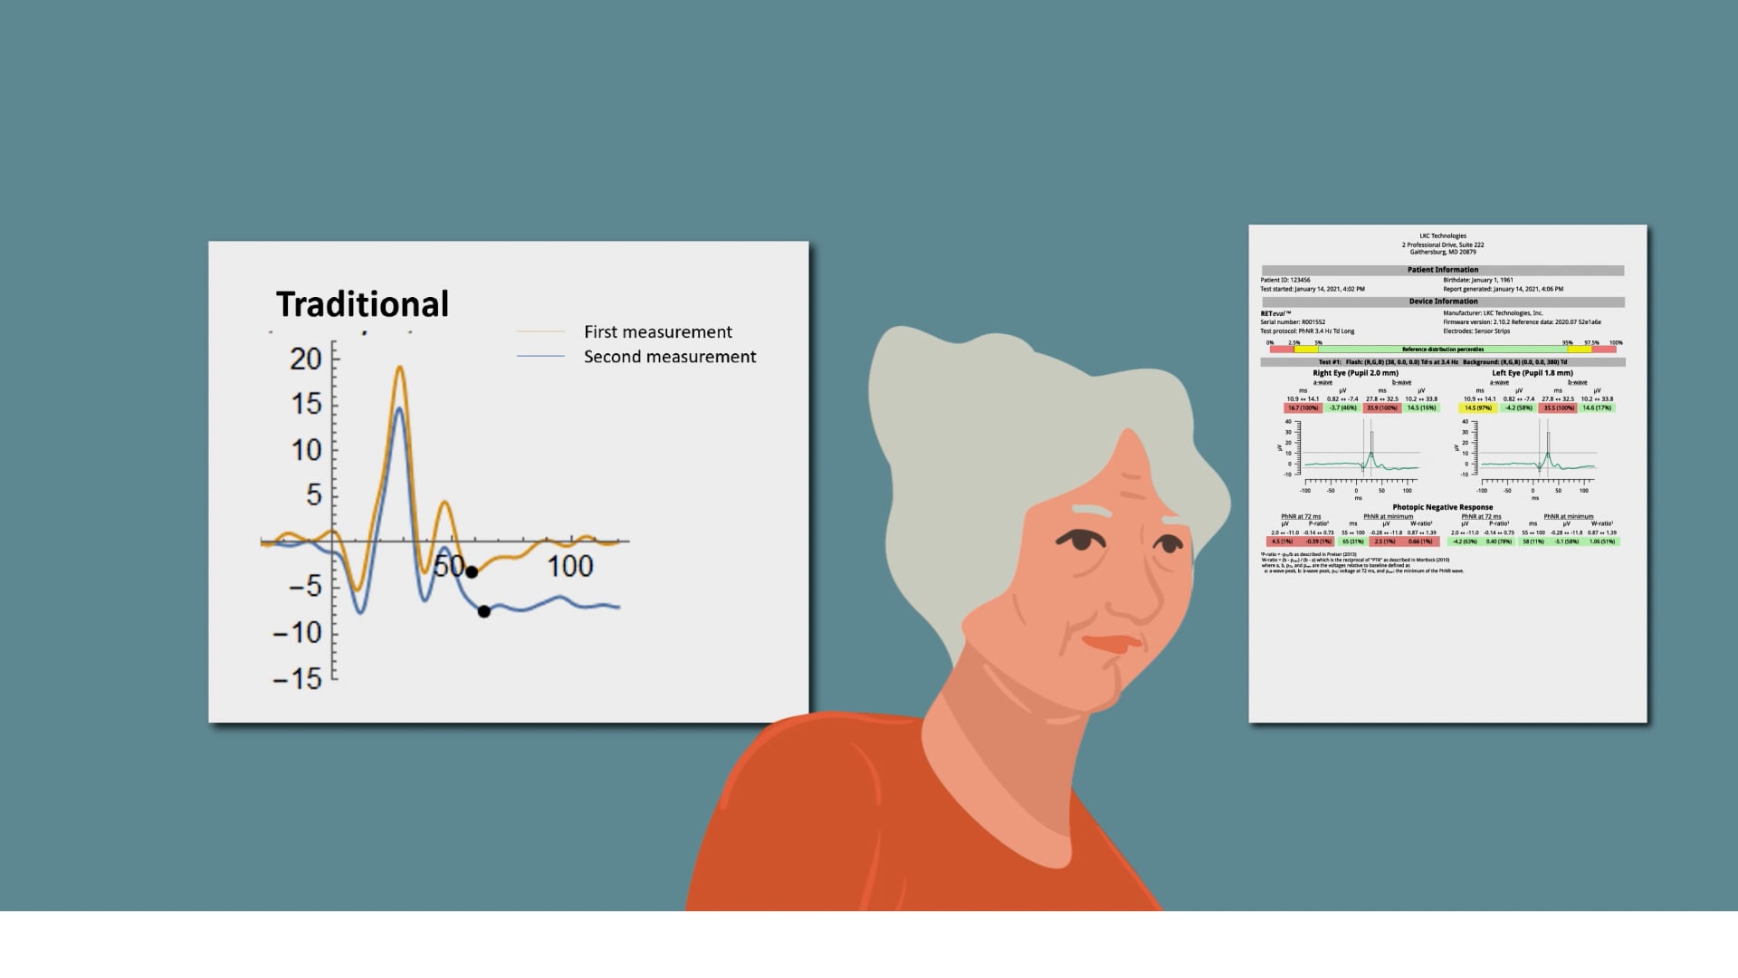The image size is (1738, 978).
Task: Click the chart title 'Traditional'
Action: tap(362, 304)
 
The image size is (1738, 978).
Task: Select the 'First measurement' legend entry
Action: tap(657, 332)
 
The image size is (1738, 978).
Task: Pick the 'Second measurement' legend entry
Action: tap(669, 357)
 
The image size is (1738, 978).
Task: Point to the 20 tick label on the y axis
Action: tap(306, 360)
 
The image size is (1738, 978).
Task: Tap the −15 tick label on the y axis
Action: tap(298, 678)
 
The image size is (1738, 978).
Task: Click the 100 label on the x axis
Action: tap(569, 567)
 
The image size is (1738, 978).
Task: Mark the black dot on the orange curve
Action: tap(472, 571)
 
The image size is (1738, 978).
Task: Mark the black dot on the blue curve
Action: tap(484, 611)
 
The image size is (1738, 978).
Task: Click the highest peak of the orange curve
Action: tap(399, 368)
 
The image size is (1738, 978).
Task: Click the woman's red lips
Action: tap(1113, 644)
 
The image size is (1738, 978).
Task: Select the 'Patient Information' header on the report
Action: tap(1442, 270)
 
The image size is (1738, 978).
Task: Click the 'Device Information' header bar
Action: tap(1442, 302)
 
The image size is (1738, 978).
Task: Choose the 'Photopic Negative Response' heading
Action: tap(1442, 507)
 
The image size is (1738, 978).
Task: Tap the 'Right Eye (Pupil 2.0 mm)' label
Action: tap(1355, 373)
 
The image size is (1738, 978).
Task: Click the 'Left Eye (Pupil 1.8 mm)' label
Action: tap(1532, 373)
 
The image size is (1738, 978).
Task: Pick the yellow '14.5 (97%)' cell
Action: tap(1477, 408)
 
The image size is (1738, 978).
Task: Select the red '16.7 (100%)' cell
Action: tap(1303, 408)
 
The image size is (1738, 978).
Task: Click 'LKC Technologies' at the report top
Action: tap(1442, 236)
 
